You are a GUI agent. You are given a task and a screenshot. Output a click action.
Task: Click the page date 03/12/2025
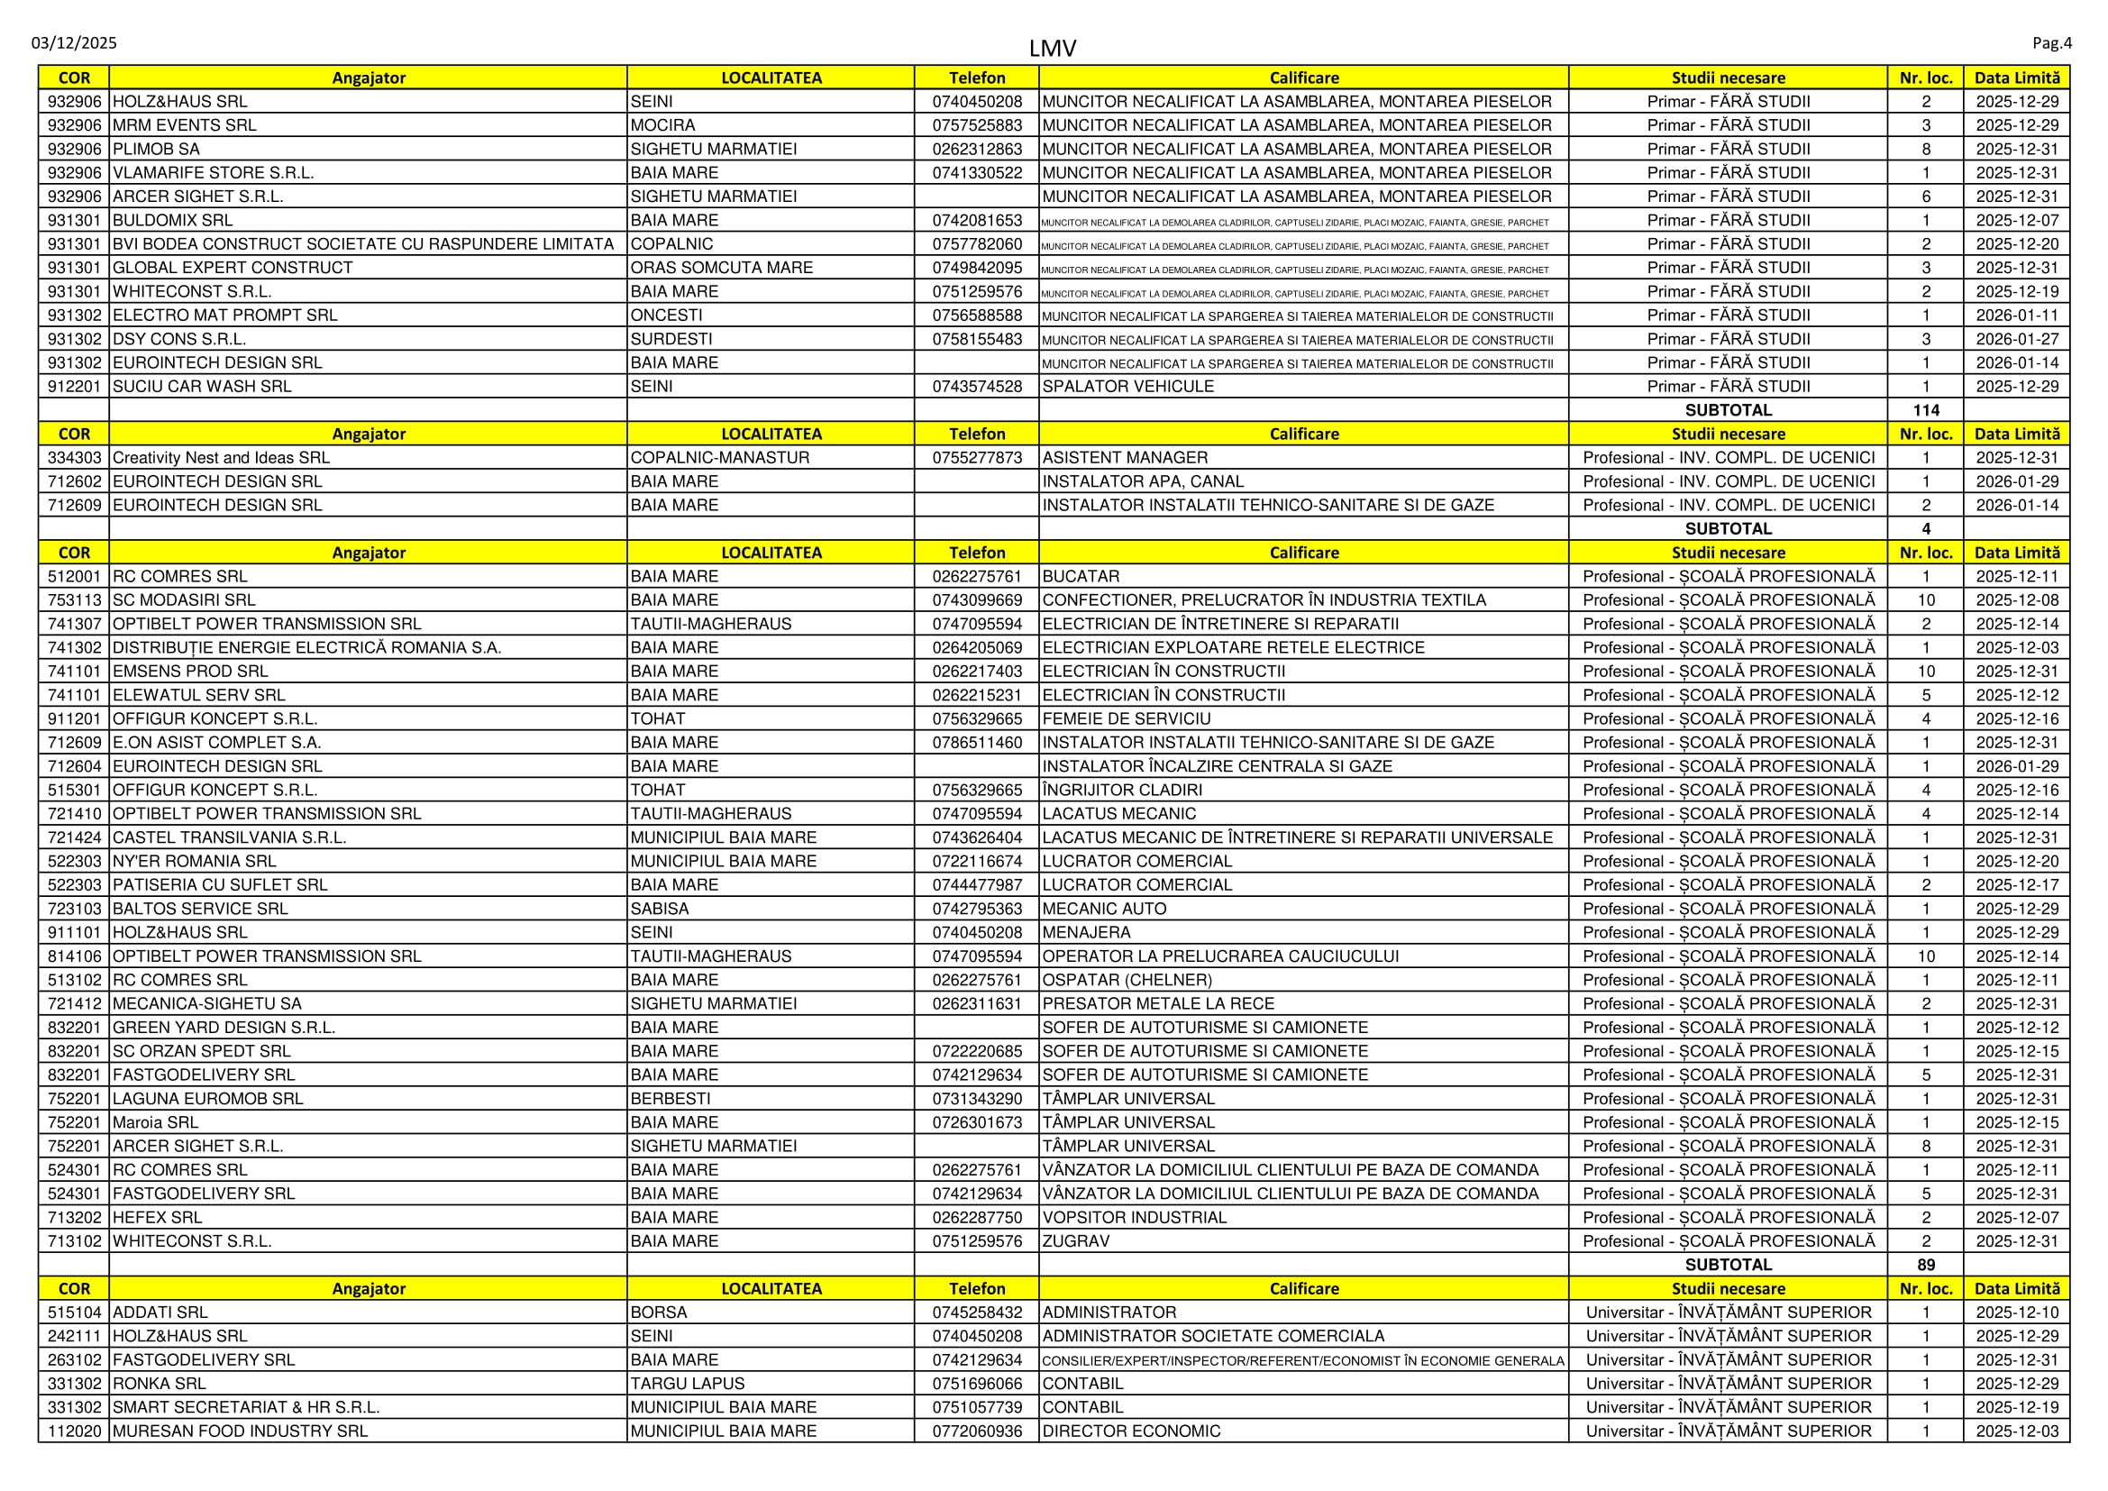(75, 43)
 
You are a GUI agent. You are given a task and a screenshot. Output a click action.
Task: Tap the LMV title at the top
(1052, 49)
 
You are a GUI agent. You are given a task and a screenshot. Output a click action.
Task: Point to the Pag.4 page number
(2052, 43)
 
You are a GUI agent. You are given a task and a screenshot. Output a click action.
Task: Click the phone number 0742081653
(977, 220)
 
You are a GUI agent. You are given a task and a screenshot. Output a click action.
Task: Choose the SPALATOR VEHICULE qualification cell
(1128, 387)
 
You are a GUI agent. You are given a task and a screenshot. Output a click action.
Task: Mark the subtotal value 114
(1925, 410)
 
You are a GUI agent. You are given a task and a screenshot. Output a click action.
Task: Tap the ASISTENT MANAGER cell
(1125, 458)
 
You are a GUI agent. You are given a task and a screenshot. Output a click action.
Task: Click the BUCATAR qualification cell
(1081, 577)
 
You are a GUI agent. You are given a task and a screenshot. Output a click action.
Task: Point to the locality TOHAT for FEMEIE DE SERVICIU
(657, 718)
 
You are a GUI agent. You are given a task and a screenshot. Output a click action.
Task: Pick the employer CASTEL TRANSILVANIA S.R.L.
(230, 837)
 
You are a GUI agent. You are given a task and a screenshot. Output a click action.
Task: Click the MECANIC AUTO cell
(1105, 909)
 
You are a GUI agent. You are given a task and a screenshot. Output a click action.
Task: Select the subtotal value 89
(1925, 1265)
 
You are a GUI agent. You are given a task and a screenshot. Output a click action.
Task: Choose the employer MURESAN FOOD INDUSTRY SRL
(240, 1432)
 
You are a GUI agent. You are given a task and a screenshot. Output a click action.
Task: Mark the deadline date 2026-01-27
(2017, 340)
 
